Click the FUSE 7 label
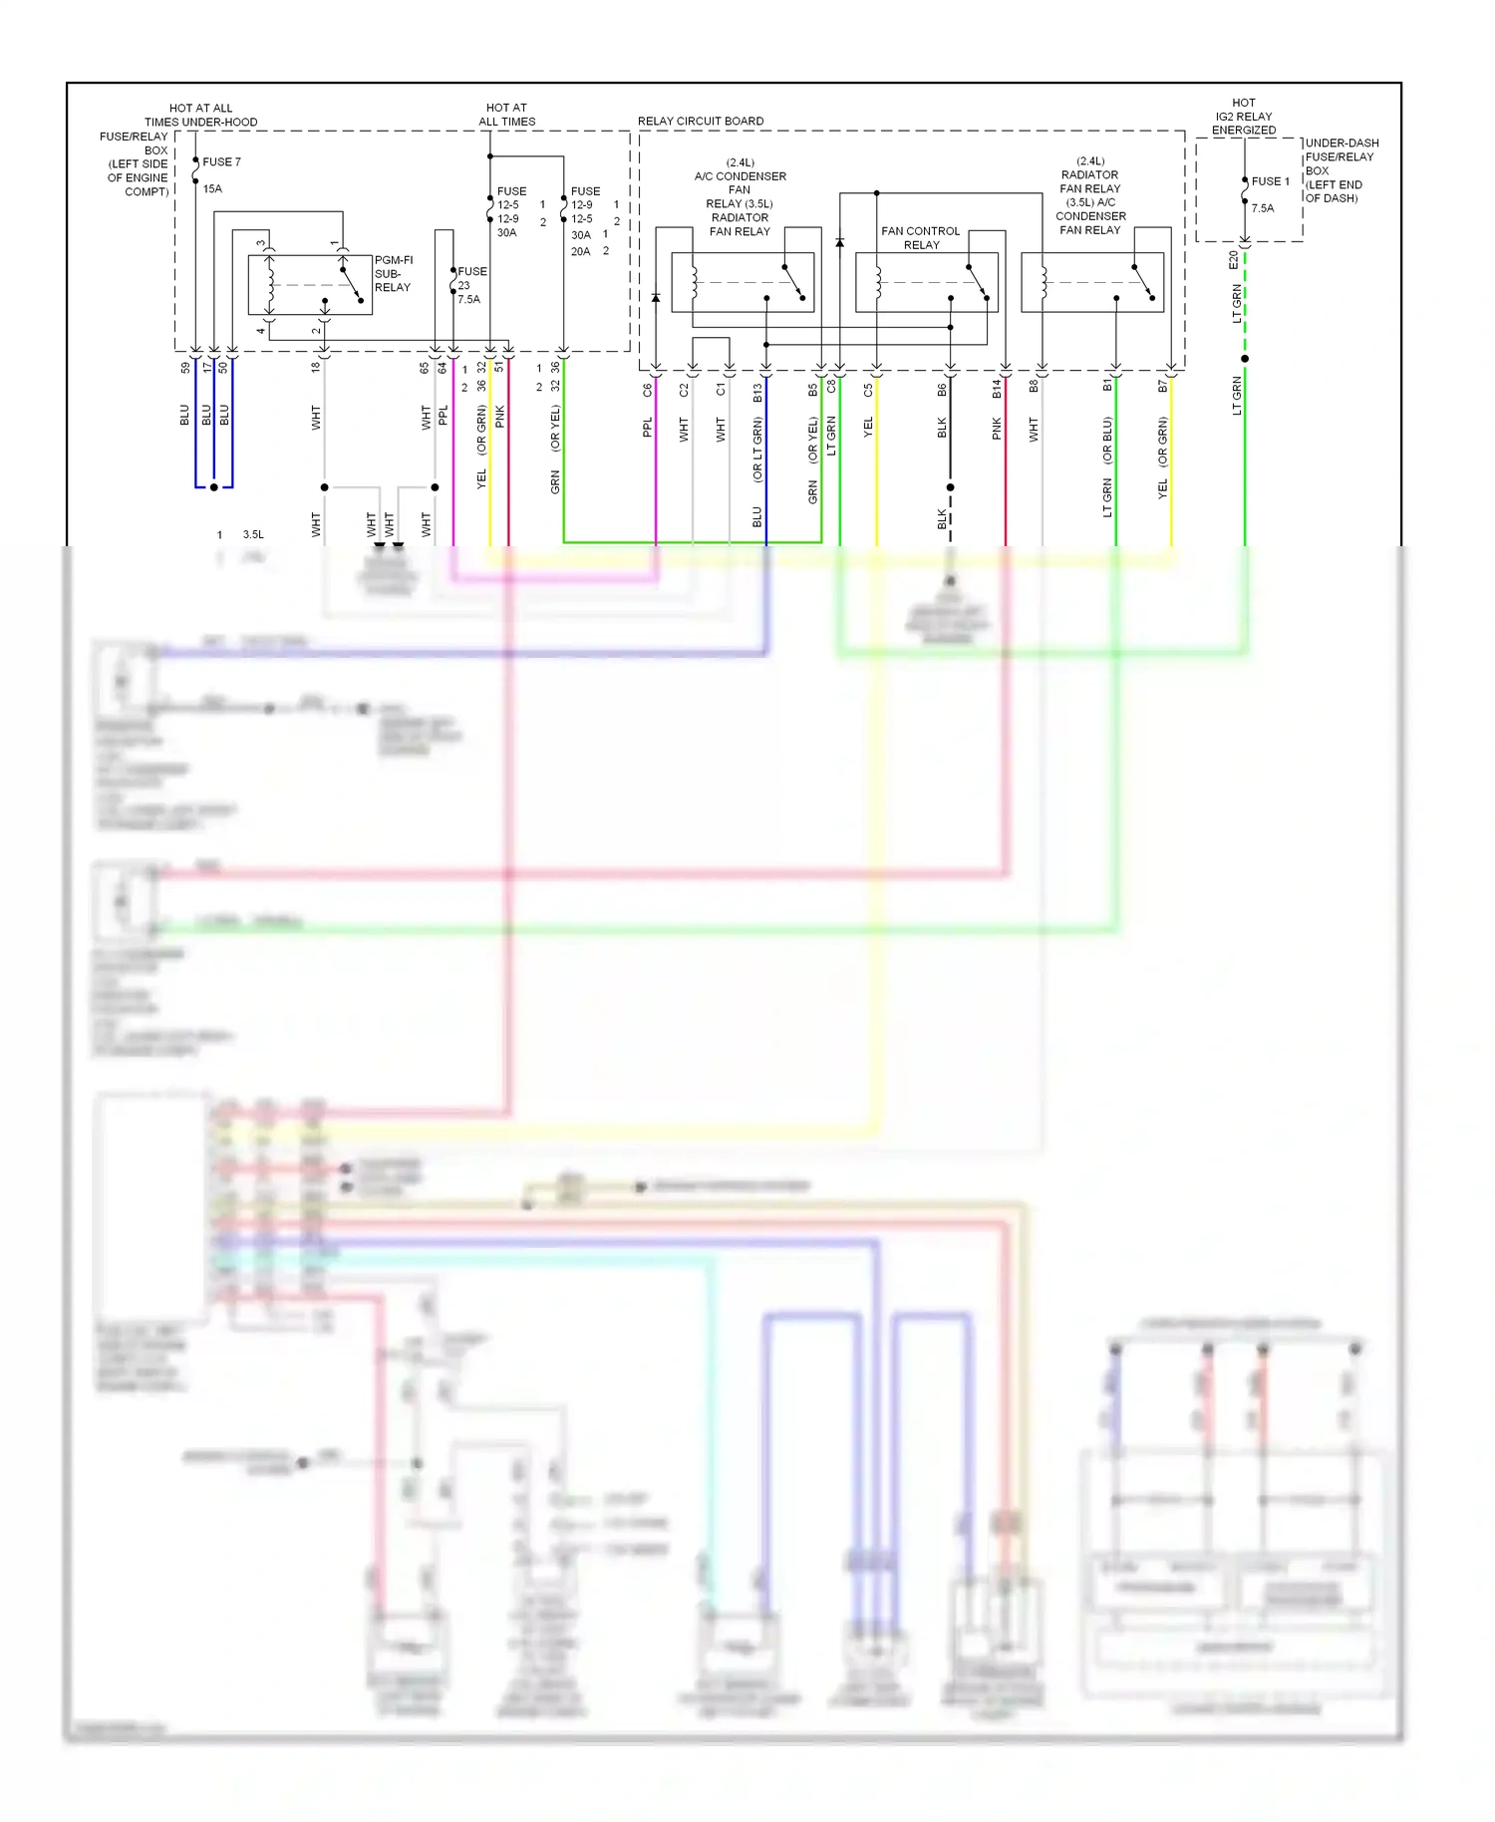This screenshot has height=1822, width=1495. [x=221, y=161]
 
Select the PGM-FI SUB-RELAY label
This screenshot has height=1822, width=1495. [x=393, y=273]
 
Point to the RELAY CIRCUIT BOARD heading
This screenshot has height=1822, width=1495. [x=701, y=121]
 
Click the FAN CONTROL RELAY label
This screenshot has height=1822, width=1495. [x=920, y=237]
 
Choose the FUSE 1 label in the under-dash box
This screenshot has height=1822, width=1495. [x=1270, y=181]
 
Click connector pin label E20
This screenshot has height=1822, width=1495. [x=1233, y=259]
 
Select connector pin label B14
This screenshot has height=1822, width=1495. [x=997, y=389]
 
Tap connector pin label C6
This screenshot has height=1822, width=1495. [x=647, y=390]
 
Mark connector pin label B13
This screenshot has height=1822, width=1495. [x=757, y=392]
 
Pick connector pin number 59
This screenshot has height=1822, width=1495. [x=185, y=367]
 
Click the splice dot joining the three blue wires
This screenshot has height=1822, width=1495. [x=213, y=487]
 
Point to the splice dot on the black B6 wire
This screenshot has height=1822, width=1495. [x=950, y=487]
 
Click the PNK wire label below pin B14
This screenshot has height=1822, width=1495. [x=997, y=429]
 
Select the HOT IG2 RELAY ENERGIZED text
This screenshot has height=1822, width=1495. [x=1243, y=117]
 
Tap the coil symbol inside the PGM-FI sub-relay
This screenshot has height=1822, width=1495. [x=269, y=284]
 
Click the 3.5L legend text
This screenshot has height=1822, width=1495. [x=253, y=534]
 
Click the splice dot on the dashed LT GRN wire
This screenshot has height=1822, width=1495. [x=1245, y=358]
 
